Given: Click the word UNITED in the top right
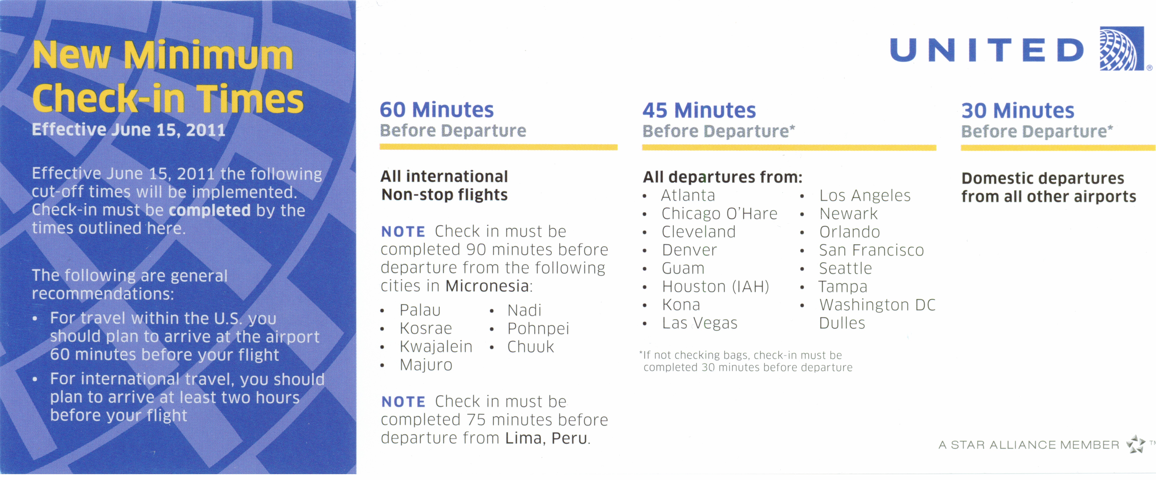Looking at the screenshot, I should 986,50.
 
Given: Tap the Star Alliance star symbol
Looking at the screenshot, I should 1136,444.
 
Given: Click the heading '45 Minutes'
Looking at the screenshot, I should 699,110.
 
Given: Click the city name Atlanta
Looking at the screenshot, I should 688,196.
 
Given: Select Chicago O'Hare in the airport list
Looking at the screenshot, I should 719,214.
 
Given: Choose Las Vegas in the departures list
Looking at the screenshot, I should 699,323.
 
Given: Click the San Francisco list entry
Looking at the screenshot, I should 871,250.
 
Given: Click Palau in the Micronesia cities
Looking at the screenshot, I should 420,310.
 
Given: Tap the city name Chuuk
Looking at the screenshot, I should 531,347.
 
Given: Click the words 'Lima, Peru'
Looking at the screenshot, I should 546,438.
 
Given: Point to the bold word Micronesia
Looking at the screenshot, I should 487,286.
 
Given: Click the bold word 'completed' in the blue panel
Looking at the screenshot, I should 209,210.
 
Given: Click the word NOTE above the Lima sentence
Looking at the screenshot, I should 403,401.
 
